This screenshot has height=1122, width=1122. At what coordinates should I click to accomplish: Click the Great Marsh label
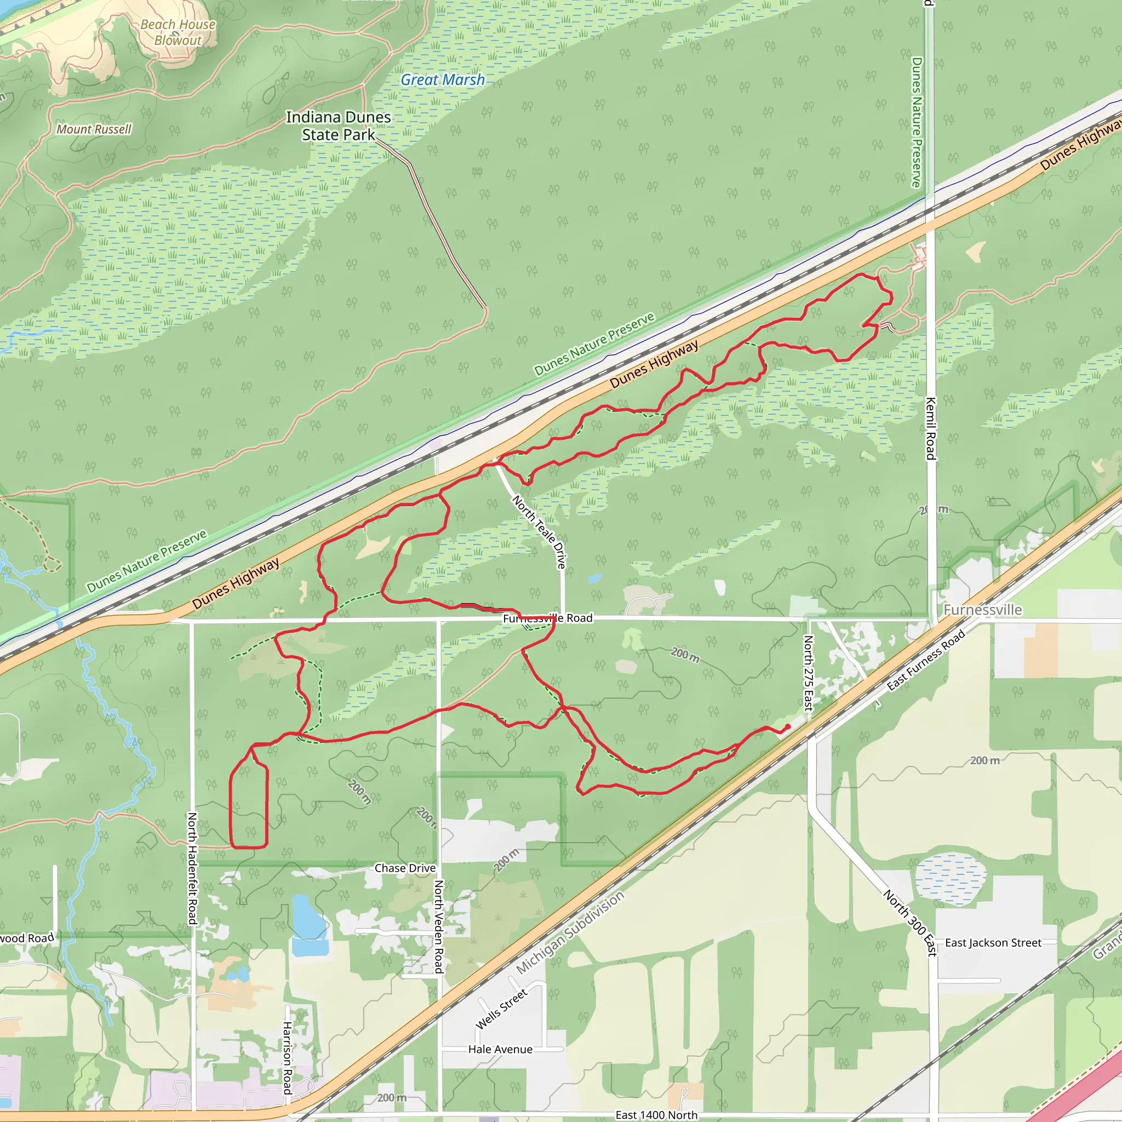coord(443,80)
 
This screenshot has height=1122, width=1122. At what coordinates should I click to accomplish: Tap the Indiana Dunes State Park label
coord(338,126)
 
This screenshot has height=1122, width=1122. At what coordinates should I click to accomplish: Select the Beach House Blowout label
coord(178,32)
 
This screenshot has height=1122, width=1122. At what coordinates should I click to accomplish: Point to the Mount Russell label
coord(94,129)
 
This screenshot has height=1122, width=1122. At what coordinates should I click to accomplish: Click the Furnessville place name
coord(983,610)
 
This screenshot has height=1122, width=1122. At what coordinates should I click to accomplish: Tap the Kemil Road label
coord(930,428)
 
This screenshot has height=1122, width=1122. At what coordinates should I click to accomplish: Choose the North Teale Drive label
coord(540,531)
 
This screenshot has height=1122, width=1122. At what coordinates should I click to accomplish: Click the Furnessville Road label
coord(548,619)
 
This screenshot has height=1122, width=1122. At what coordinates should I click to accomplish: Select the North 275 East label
coord(809,673)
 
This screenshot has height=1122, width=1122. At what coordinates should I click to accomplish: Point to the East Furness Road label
coord(926,660)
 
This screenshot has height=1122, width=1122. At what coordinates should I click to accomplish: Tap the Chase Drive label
coord(405,868)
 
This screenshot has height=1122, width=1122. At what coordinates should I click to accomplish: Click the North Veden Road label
coord(439,926)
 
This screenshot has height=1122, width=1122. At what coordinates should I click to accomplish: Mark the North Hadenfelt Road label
coord(192,868)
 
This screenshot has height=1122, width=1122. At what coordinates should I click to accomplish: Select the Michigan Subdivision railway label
coord(570,932)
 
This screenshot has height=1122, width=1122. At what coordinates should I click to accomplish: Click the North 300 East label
coord(910,922)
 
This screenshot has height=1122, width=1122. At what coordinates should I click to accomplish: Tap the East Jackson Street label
coord(993,942)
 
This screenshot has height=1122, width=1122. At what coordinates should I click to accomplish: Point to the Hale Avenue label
coord(500,1049)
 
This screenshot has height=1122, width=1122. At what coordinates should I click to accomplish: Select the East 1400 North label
coord(656,1115)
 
